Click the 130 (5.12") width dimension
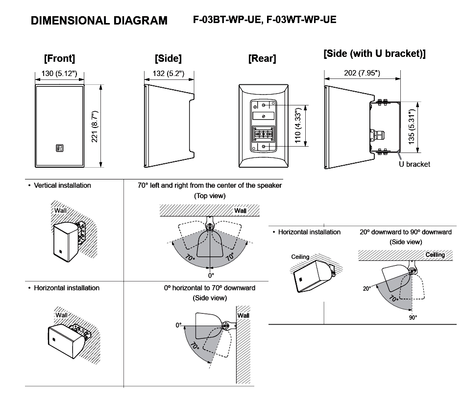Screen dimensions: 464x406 [x=59, y=74]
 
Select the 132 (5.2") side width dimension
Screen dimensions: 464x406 [x=169, y=74]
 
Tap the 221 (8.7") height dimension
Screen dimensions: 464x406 [x=95, y=127]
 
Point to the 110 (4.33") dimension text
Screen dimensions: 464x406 [x=298, y=125]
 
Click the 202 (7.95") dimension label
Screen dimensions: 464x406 [x=362, y=73]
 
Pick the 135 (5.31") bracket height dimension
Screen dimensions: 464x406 [x=412, y=127]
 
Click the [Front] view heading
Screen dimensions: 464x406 [x=59, y=58]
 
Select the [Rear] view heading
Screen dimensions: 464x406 [x=262, y=58]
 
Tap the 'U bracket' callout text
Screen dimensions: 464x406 [x=415, y=164]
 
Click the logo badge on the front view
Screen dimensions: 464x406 [x=59, y=148]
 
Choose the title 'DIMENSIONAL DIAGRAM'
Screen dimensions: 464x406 [x=99, y=21]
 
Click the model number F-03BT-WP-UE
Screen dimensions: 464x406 [x=227, y=20]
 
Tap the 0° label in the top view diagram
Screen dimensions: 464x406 [x=211, y=276]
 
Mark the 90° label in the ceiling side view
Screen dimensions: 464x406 [x=413, y=317]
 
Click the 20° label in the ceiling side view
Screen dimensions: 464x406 [x=366, y=288]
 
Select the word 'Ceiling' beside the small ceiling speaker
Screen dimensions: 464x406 [x=300, y=257]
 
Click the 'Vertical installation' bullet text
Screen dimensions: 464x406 [x=62, y=185]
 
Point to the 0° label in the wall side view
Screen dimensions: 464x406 [x=178, y=325]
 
